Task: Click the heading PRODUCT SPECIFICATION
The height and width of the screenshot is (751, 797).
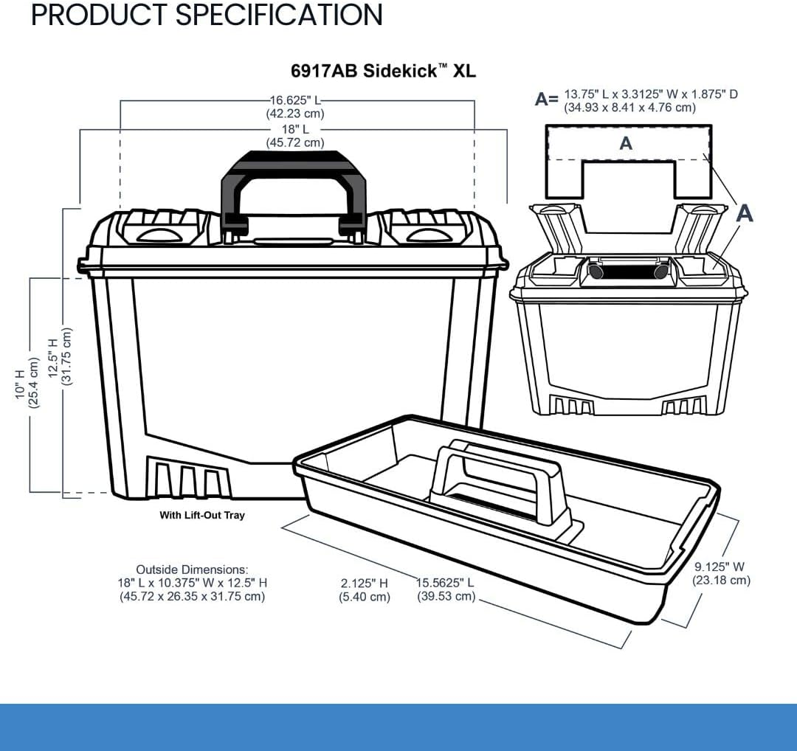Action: click(207, 15)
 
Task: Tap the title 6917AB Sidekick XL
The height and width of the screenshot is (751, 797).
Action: click(383, 71)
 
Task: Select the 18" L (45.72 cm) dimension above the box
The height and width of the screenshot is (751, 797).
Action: click(295, 136)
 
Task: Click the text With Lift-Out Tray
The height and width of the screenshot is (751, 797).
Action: click(201, 515)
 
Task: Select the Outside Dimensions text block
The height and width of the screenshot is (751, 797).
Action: click(192, 583)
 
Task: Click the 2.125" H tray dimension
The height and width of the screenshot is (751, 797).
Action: click(365, 589)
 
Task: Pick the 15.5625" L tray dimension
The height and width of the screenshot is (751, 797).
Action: click(446, 589)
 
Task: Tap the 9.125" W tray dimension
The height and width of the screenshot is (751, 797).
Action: click(721, 573)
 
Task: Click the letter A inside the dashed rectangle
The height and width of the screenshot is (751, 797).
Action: click(626, 143)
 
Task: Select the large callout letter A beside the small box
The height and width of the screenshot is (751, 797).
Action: click(745, 213)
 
